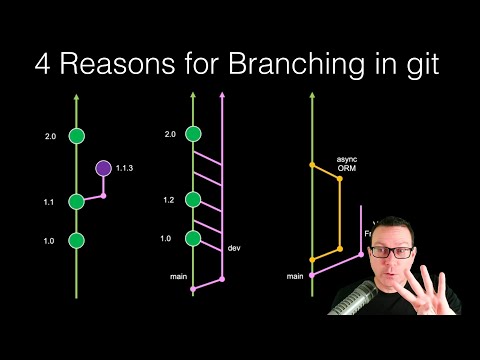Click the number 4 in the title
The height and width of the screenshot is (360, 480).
(41, 67)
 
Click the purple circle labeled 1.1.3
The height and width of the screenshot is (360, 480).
(103, 169)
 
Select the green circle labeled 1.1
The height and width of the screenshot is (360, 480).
(77, 201)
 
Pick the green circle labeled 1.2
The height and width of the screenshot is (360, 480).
(193, 200)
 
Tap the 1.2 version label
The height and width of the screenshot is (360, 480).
(169, 200)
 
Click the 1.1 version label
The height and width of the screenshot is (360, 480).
(48, 201)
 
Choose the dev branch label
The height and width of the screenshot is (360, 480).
(236, 247)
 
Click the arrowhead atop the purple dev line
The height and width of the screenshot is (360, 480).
(221, 97)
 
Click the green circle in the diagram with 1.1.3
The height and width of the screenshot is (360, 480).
(77, 136)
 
